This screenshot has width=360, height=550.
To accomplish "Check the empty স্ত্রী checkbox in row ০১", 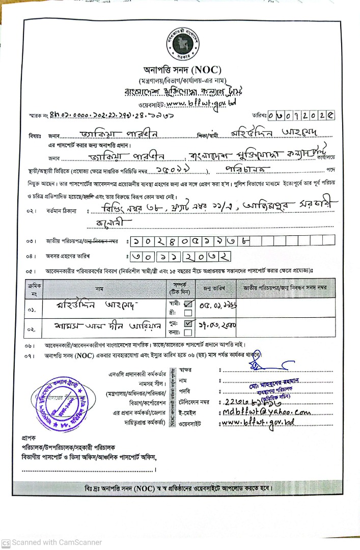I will pyautogui.click(x=187, y=313).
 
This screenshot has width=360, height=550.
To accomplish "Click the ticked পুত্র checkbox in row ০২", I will pyautogui.click(x=187, y=323).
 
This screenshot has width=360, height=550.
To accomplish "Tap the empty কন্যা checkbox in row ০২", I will pyautogui.click(x=187, y=333).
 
